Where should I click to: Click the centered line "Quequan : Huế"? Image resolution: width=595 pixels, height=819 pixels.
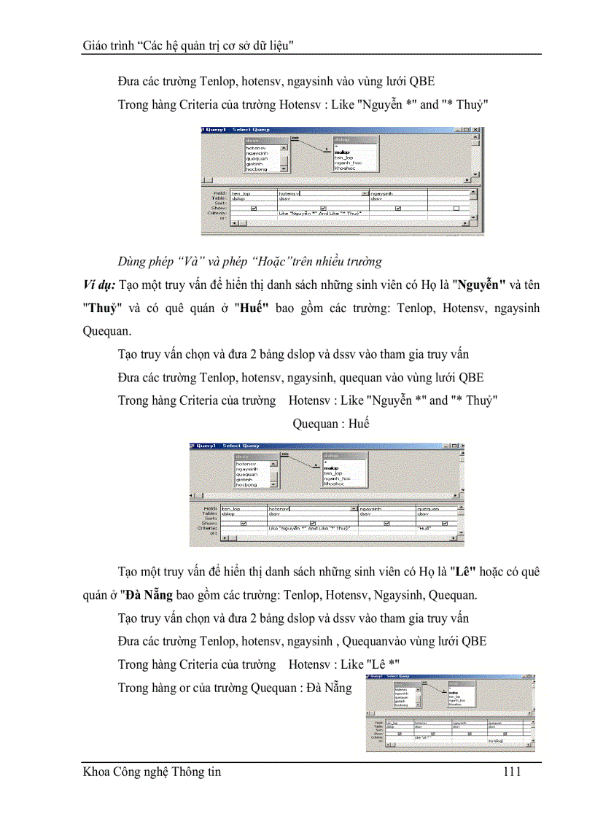pos(330,424)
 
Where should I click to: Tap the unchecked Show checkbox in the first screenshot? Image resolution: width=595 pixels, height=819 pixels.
pos(456,208)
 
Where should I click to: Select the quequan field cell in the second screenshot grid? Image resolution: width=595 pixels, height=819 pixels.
pos(429,508)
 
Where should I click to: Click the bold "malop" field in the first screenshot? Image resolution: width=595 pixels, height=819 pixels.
pos(342,152)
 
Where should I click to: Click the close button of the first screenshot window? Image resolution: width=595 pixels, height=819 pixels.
pos(476,130)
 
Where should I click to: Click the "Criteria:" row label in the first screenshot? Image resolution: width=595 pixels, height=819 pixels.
pos(217,213)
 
